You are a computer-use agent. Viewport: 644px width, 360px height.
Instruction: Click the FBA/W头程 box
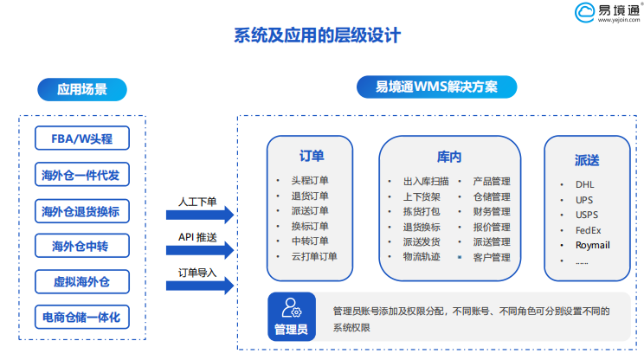click(82, 138)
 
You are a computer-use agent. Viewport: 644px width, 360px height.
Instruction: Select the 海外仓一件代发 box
click(82, 175)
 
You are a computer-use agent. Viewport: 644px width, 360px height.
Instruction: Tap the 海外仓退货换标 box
click(82, 211)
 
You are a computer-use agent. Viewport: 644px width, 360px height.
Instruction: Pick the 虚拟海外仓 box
click(82, 281)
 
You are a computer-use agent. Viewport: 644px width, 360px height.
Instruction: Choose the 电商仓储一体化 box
click(82, 317)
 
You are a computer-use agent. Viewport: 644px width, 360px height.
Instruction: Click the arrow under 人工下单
click(200, 215)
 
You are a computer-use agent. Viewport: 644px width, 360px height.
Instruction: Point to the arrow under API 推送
click(200, 250)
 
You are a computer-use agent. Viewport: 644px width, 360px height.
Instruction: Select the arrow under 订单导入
click(200, 286)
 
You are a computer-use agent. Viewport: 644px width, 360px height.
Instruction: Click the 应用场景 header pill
click(82, 89)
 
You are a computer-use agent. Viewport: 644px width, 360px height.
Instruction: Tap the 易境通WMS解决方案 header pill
click(436, 87)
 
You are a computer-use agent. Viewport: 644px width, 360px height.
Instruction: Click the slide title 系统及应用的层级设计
click(317, 35)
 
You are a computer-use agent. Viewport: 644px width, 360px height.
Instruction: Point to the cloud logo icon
click(584, 12)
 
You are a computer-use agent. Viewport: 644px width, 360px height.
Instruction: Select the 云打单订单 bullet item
click(314, 256)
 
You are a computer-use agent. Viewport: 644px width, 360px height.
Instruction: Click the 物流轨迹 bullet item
click(422, 257)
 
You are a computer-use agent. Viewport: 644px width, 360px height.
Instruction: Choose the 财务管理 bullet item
click(492, 212)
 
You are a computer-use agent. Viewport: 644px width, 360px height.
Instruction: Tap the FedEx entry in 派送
click(588, 230)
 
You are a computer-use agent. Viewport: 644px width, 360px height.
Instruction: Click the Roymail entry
click(593, 245)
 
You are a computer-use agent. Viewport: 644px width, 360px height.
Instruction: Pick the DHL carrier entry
click(585, 184)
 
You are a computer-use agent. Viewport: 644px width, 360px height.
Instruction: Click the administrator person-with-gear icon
click(292, 308)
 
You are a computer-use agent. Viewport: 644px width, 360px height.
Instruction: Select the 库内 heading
click(449, 157)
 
